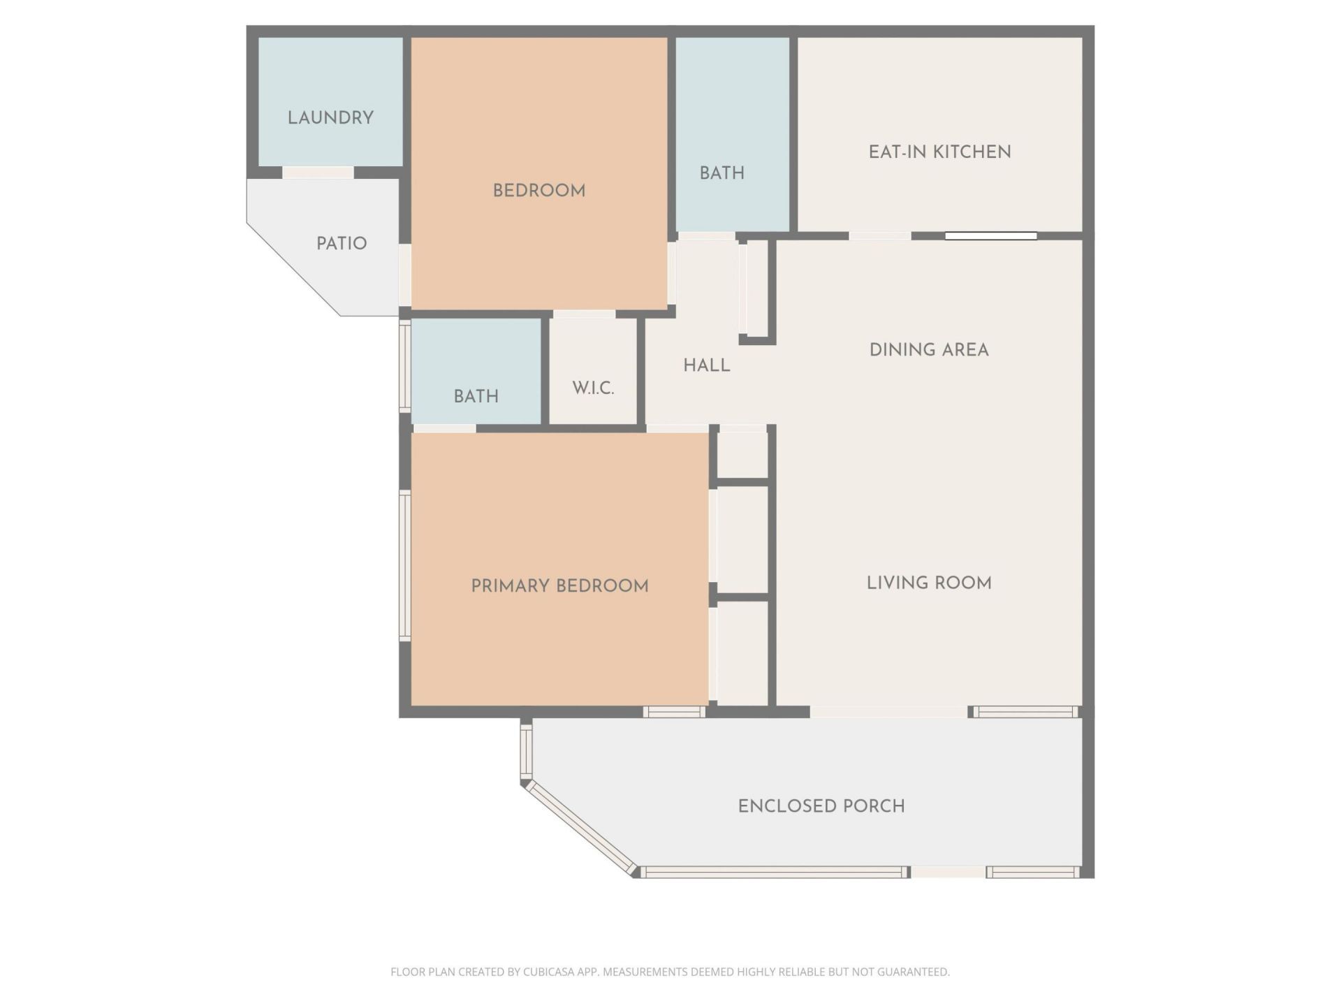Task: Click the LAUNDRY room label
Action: click(x=330, y=117)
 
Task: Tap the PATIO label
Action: click(x=341, y=243)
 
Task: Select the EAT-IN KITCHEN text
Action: click(x=939, y=152)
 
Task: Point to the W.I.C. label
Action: click(x=593, y=388)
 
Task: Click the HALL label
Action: click(x=706, y=365)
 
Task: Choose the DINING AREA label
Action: click(x=928, y=349)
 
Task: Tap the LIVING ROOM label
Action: click(x=928, y=583)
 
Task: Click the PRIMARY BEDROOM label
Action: click(x=559, y=585)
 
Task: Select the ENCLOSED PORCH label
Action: click(x=821, y=805)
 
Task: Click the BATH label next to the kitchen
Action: click(x=721, y=173)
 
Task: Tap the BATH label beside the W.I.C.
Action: click(x=476, y=396)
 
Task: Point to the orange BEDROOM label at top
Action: click(x=538, y=190)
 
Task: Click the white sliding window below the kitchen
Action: click(x=990, y=236)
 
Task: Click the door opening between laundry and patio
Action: click(x=318, y=172)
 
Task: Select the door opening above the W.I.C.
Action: click(x=584, y=314)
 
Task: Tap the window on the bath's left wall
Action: click(x=404, y=365)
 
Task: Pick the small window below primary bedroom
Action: click(x=674, y=712)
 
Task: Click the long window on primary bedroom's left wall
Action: click(x=404, y=564)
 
